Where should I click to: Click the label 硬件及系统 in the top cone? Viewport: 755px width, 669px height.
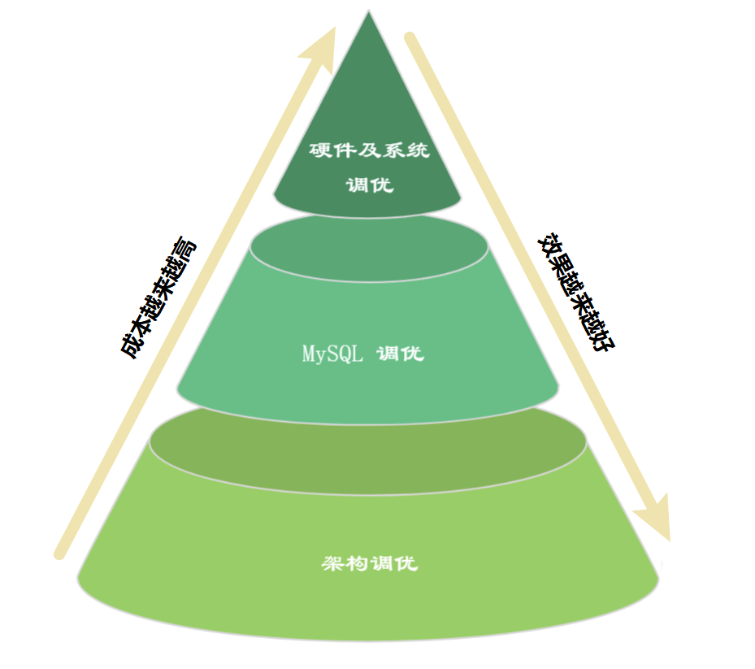[370, 150]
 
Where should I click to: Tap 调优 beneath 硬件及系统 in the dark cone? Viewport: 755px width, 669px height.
[370, 185]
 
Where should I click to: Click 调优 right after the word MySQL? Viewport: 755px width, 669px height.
[401, 354]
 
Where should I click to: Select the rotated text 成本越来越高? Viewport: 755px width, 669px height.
[158, 298]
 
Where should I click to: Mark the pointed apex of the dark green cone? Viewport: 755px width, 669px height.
[369, 14]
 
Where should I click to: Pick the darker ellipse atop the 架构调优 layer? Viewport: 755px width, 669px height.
[369, 445]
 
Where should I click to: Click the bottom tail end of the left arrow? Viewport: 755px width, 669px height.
[59, 554]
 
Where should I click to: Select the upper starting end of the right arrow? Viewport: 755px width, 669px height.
[410, 38]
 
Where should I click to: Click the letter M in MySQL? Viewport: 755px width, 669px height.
[308, 355]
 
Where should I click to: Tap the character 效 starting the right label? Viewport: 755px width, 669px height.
[549, 245]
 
